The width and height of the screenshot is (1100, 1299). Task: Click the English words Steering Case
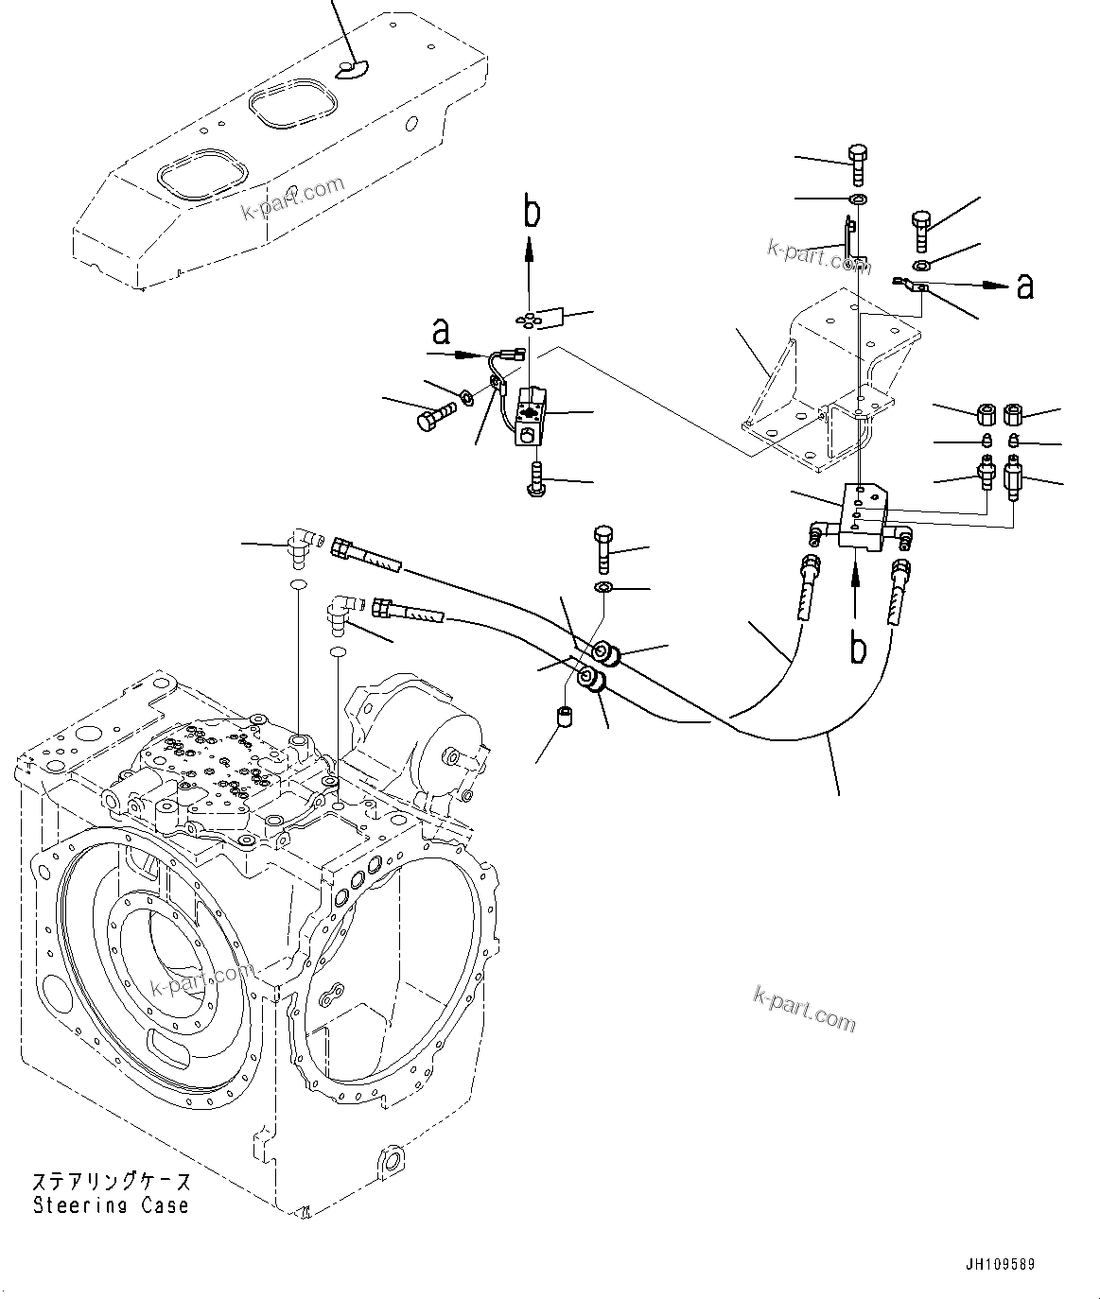111,1205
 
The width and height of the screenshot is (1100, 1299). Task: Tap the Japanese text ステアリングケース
111,1182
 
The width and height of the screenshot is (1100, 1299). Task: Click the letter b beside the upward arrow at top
533,214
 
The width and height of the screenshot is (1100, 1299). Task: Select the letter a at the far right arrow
1024,286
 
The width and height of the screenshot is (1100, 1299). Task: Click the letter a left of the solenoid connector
439,332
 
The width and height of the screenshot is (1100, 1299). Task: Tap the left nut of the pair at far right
984,414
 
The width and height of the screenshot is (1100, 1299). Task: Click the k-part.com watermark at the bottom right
804,1008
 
